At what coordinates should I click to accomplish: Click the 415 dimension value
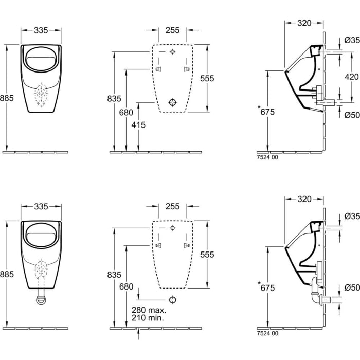[x=138, y=125]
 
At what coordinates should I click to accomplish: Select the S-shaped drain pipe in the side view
[x=317, y=294]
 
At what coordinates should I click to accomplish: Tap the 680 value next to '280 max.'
[x=126, y=286]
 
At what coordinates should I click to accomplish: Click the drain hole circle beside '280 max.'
[x=173, y=300]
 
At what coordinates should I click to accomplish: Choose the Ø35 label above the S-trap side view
[x=352, y=216]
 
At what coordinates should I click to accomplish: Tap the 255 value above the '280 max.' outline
[x=173, y=206]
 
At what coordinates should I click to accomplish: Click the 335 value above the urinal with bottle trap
[x=41, y=206]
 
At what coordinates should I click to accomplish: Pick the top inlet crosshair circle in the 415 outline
[x=173, y=52]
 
